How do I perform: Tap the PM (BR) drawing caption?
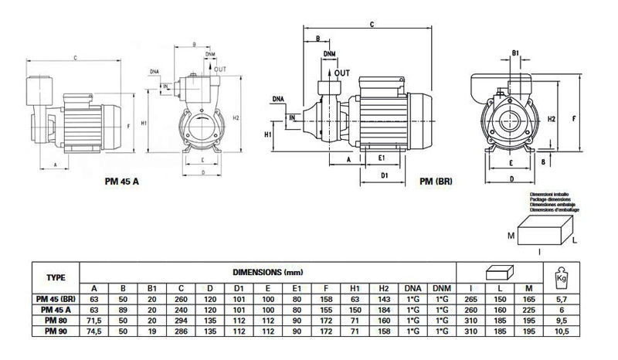(x=436, y=182)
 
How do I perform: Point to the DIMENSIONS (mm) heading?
(x=263, y=273)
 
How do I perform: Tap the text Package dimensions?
(x=548, y=199)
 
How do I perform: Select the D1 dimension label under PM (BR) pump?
(x=384, y=175)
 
